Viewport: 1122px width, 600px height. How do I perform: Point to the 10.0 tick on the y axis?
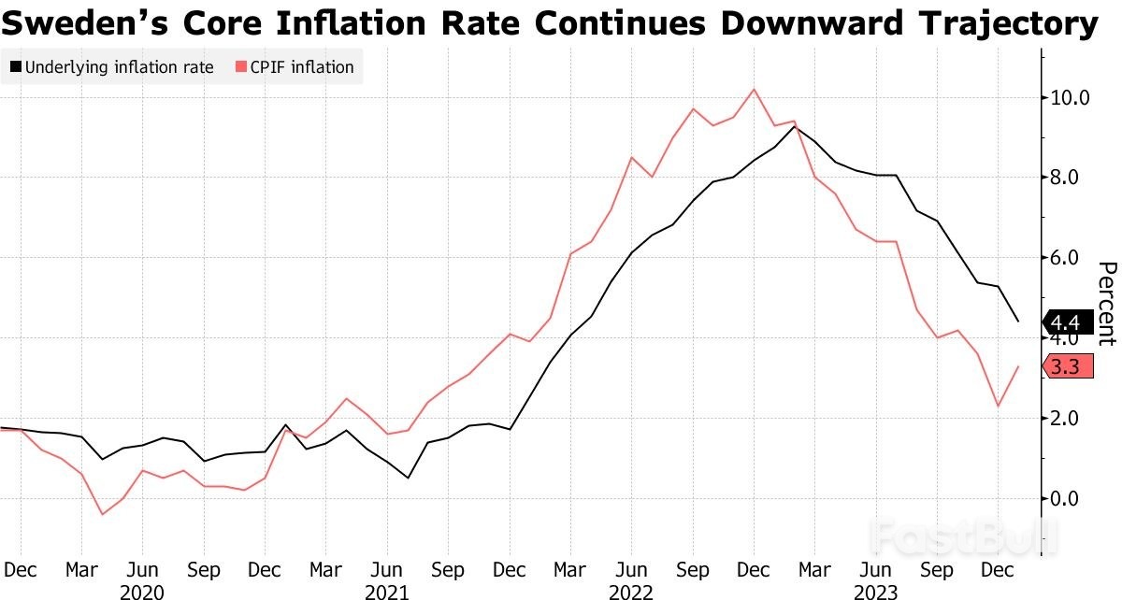coord(1070,98)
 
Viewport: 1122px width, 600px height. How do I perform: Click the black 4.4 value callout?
coord(1066,323)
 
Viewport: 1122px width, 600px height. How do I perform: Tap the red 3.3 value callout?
coord(1066,367)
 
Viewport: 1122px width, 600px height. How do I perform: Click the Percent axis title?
coord(1105,304)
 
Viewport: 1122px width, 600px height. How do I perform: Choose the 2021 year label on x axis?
coord(386,593)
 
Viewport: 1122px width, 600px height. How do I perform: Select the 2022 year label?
coord(631,593)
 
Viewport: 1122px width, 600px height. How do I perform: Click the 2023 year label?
coord(876,593)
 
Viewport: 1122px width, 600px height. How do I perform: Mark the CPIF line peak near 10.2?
coord(754,90)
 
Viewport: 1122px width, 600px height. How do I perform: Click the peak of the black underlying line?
coord(795,125)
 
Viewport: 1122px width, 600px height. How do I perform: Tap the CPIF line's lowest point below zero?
coord(102,514)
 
